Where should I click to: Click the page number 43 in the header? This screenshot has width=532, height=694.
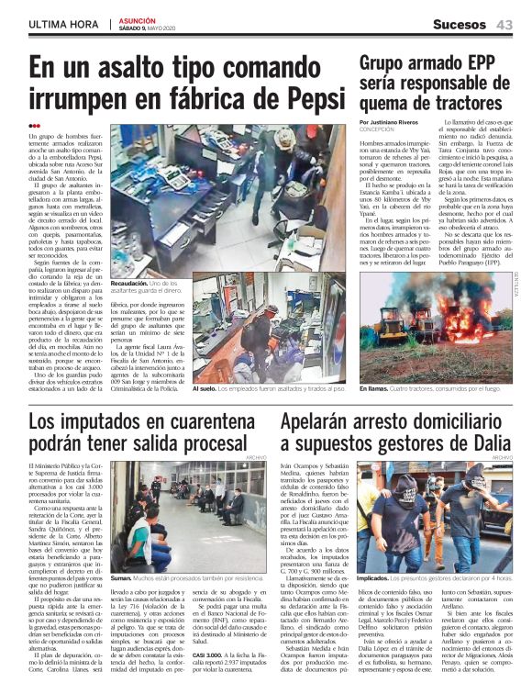pos(504,23)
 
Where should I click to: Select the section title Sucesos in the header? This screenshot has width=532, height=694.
pos(460,23)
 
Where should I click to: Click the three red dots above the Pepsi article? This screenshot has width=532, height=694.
pos(34,127)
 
